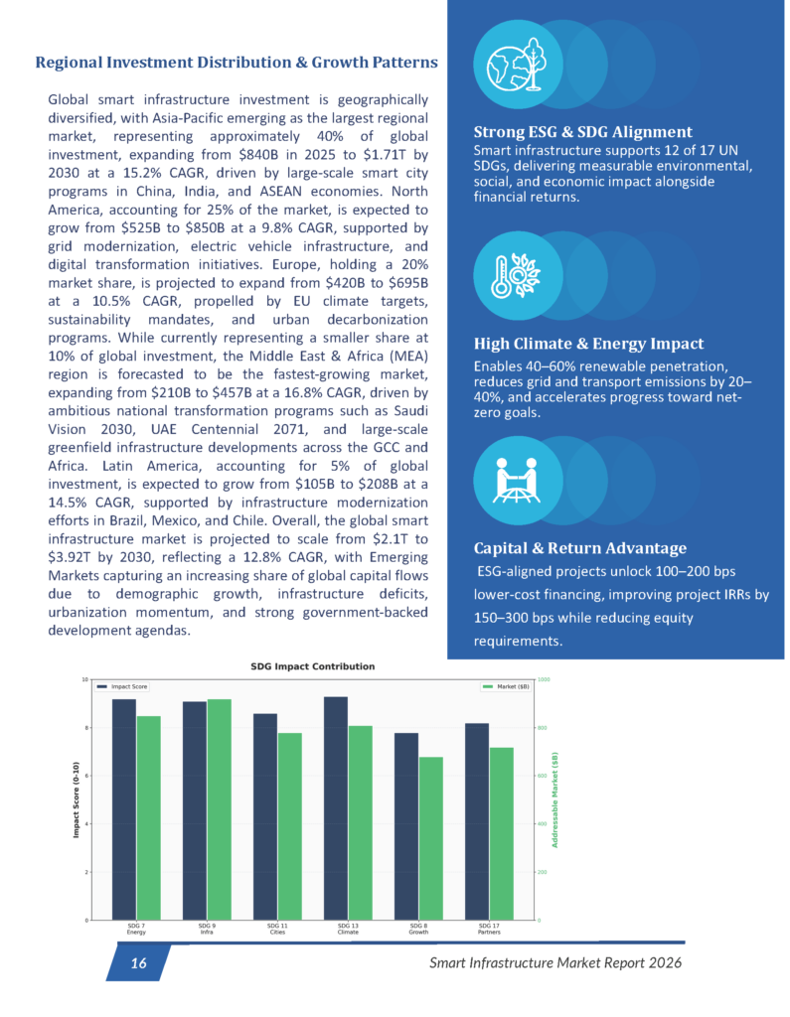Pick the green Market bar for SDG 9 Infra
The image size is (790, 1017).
coord(220,808)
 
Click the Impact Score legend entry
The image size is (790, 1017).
coord(122,686)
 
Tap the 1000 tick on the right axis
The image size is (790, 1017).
coord(546,679)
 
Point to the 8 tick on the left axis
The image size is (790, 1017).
coord(83,728)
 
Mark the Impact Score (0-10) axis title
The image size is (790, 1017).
coord(75,799)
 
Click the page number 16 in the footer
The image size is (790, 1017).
coord(138,963)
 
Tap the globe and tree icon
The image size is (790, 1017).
coord(510,66)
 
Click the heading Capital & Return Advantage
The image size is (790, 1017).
coord(579,548)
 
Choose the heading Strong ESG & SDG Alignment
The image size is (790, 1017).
coord(582,132)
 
